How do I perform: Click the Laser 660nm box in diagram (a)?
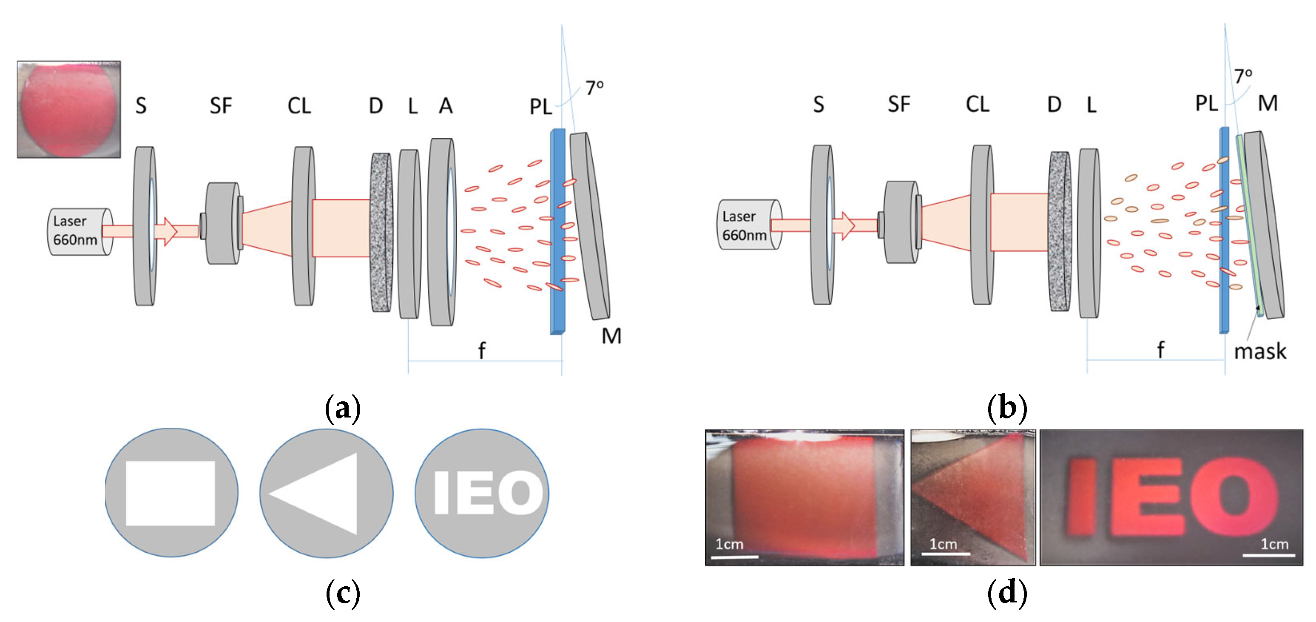pyautogui.click(x=77, y=231)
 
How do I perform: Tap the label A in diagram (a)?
pyautogui.click(x=446, y=106)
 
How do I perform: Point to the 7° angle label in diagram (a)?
pyautogui.click(x=594, y=88)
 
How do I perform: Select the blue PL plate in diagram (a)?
pyautogui.click(x=557, y=233)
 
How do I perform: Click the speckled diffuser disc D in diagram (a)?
pyautogui.click(x=381, y=233)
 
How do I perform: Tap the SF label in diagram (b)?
pyautogui.click(x=898, y=104)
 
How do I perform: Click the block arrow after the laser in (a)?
pyautogui.click(x=166, y=231)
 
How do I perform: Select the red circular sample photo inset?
pyautogui.click(x=68, y=110)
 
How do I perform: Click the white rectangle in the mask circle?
pyautogui.click(x=170, y=493)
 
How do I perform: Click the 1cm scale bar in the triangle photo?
pyautogui.click(x=945, y=554)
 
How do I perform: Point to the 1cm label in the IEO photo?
pyautogui.click(x=1274, y=544)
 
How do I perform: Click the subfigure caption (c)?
pyautogui.click(x=343, y=594)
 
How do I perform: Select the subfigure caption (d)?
pyautogui.click(x=1007, y=594)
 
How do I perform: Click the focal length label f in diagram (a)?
pyautogui.click(x=481, y=351)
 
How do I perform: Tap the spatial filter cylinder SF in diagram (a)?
pyautogui.click(x=223, y=223)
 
